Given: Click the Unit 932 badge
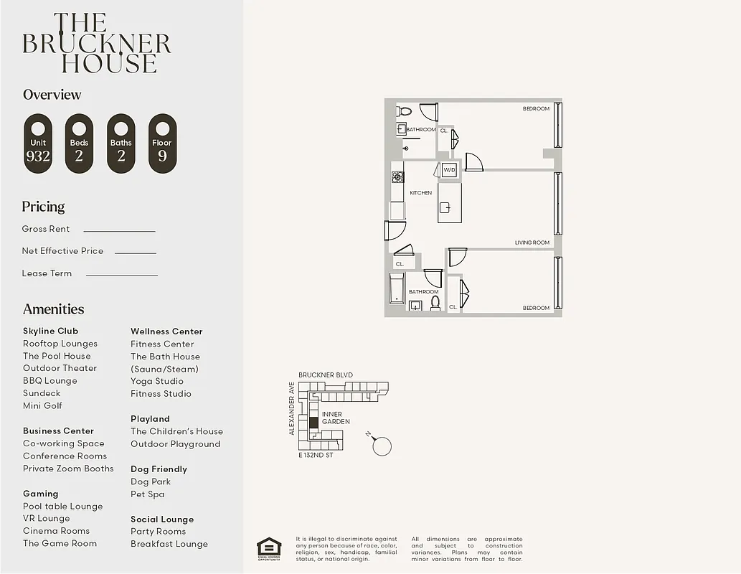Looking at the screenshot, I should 38,143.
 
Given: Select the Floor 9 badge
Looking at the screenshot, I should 162,143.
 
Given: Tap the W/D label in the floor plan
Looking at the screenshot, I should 449,170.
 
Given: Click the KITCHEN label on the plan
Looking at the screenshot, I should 420,193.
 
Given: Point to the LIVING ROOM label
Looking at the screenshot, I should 532,243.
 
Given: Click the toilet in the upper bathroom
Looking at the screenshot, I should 405,111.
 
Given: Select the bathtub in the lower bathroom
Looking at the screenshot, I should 397,288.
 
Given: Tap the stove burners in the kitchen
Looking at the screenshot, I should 397,177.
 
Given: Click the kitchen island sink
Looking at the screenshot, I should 445,208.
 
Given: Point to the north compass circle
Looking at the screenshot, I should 382,446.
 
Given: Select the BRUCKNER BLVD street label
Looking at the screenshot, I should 325,375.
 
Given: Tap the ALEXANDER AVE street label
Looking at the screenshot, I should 292,408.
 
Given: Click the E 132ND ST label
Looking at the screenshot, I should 316,455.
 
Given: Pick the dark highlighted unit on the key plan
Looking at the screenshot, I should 313,423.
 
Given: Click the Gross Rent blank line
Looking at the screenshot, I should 119,231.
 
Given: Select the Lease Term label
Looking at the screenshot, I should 47,273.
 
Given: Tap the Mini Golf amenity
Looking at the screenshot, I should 42,405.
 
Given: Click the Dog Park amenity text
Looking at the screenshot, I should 151,481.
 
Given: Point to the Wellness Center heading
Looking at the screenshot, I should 166,331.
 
